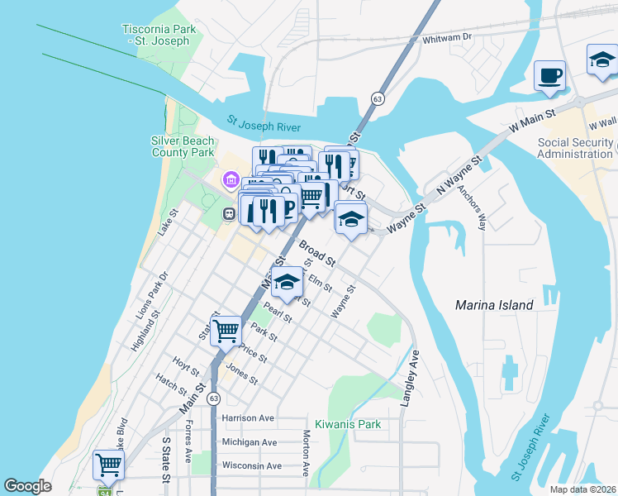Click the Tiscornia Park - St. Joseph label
(x=159, y=35)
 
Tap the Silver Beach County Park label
(x=182, y=146)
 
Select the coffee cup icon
(x=549, y=77)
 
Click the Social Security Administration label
(x=576, y=148)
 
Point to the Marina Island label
(x=494, y=305)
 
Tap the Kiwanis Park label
(x=348, y=424)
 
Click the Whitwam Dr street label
(x=446, y=37)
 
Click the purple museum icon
(x=231, y=180)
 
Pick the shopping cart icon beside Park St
(x=226, y=331)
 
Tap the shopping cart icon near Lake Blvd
(x=108, y=465)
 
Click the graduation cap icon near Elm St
(x=287, y=282)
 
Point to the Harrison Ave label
(x=248, y=418)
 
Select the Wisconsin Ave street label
(x=250, y=465)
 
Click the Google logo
(x=28, y=485)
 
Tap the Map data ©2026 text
(x=582, y=489)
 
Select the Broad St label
(x=317, y=254)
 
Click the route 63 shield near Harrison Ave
(x=214, y=398)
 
